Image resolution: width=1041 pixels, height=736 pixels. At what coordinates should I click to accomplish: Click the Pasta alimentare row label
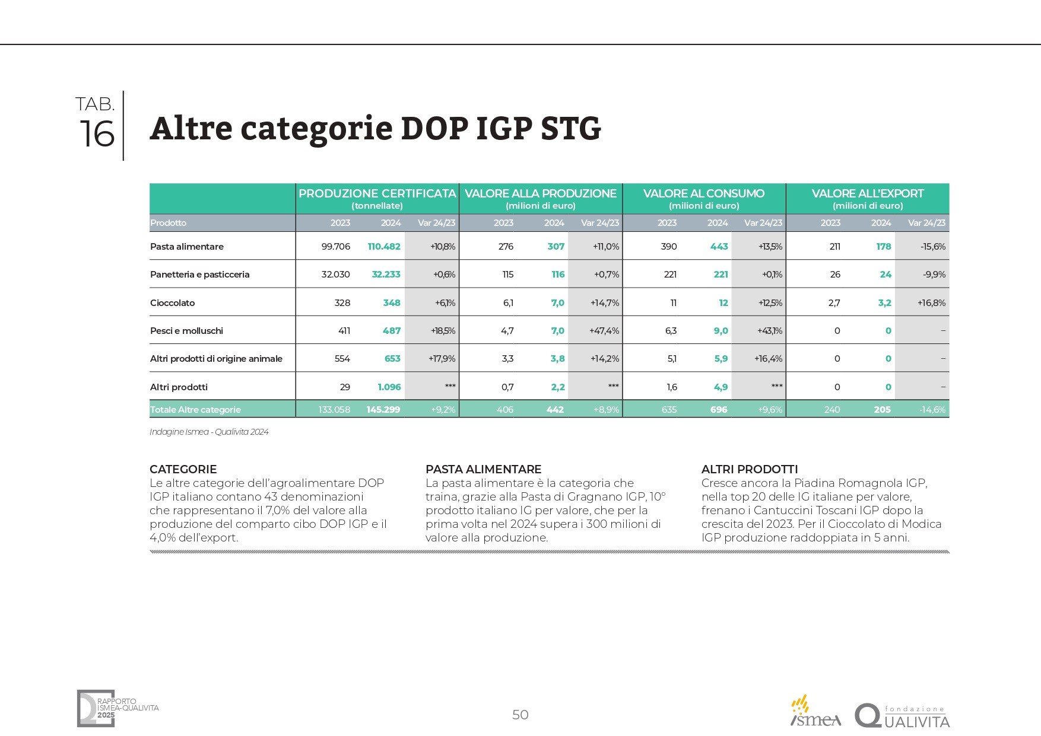pyautogui.click(x=187, y=247)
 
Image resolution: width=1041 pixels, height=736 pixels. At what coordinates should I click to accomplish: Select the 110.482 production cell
pyautogui.click(x=384, y=247)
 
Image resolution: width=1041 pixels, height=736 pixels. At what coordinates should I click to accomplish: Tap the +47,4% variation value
pyautogui.click(x=604, y=331)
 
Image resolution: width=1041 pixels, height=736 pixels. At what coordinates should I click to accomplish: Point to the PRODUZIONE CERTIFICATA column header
pyautogui.click(x=377, y=194)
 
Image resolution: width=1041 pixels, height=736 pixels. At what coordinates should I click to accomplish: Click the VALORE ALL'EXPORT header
pyautogui.click(x=867, y=194)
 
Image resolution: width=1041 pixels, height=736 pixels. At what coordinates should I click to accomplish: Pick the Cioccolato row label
pyautogui.click(x=173, y=303)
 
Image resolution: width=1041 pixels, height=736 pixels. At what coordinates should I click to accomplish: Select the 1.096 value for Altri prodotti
pyautogui.click(x=389, y=387)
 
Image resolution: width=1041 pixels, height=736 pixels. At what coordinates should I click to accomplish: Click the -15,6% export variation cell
pyautogui.click(x=933, y=247)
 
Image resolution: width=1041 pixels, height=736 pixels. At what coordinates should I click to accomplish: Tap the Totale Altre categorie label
pyautogui.click(x=195, y=410)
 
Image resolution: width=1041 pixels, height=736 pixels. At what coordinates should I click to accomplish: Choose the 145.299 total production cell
pyautogui.click(x=383, y=410)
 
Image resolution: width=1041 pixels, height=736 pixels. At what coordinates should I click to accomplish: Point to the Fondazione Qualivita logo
pyautogui.click(x=902, y=716)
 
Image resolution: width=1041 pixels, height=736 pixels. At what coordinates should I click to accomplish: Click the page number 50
pyautogui.click(x=520, y=715)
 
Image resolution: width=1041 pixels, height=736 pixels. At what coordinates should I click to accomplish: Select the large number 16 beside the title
pyautogui.click(x=97, y=134)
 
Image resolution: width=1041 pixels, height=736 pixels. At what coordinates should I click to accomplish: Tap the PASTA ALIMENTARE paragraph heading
pyautogui.click(x=483, y=469)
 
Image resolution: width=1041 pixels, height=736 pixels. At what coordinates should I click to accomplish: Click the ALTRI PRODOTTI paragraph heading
pyautogui.click(x=750, y=469)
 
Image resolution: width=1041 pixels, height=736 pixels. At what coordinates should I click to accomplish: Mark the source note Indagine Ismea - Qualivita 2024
pyautogui.click(x=209, y=432)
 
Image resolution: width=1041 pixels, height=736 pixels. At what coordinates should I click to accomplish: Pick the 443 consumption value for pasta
pyautogui.click(x=719, y=247)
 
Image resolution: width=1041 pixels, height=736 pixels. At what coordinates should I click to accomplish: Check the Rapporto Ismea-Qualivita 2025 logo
pyautogui.click(x=117, y=709)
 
